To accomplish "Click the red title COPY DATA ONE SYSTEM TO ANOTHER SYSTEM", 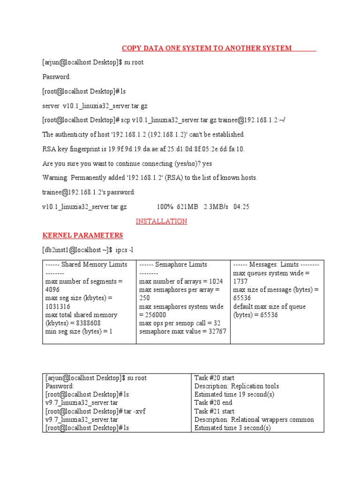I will pyautogui.click(x=207, y=48).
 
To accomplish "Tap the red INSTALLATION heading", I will pyautogui.click(x=161, y=221).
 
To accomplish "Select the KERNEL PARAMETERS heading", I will pyautogui.click(x=82, y=235).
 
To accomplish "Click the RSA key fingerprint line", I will pyautogui.click(x=143, y=149).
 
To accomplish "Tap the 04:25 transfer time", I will pyautogui.click(x=241, y=207).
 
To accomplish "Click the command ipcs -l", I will pyautogui.click(x=129, y=250).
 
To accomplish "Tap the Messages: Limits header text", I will pyautogui.click(x=276, y=264).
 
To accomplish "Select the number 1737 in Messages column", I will pyautogui.click(x=241, y=281).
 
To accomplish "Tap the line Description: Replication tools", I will pyautogui.click(x=236, y=386).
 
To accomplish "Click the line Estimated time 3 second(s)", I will pyautogui.click(x=232, y=428).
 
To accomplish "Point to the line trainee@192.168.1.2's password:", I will pyautogui.click(x=89, y=192).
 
